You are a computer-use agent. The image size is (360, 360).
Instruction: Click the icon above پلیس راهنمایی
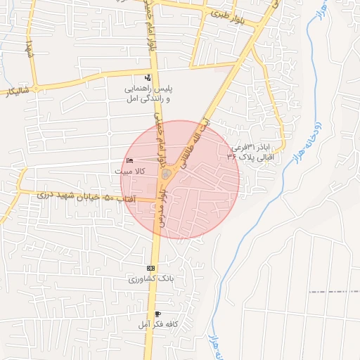click(x=147, y=77)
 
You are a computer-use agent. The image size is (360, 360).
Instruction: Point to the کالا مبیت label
click(x=130, y=171)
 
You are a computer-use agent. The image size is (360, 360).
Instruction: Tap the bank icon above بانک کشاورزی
click(x=150, y=269)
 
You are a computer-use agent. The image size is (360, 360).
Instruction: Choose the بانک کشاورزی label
click(x=150, y=278)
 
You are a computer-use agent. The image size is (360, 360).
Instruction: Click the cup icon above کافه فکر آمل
click(x=157, y=314)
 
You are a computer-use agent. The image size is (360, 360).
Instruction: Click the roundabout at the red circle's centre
click(x=167, y=174)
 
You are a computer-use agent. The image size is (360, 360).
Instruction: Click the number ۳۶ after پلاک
click(x=232, y=159)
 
